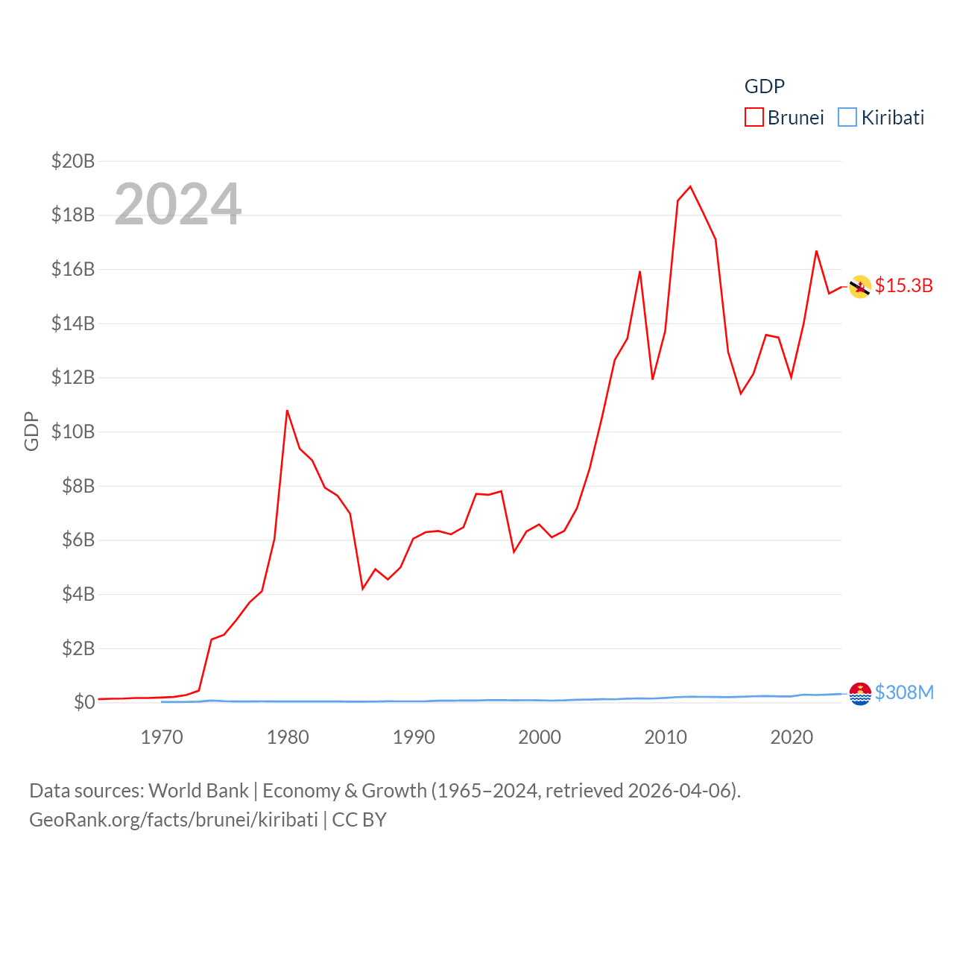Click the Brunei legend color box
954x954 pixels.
pyautogui.click(x=754, y=118)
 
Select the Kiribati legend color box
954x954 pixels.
pyautogui.click(x=847, y=118)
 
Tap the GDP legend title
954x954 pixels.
pyautogui.click(x=764, y=86)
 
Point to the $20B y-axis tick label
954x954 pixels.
pyautogui.click(x=73, y=161)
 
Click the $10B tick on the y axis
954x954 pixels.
pyautogui.click(x=73, y=432)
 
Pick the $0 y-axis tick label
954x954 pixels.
pyautogui.click(x=84, y=702)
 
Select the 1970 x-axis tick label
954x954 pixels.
pyautogui.click(x=162, y=737)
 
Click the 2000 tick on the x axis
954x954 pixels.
pyautogui.click(x=540, y=737)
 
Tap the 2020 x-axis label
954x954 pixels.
pyautogui.click(x=792, y=737)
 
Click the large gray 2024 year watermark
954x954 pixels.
pyautogui.click(x=177, y=204)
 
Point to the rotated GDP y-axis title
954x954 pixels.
pyautogui.click(x=31, y=431)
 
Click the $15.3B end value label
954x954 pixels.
pyautogui.click(x=903, y=285)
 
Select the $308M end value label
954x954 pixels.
pyautogui.click(x=904, y=692)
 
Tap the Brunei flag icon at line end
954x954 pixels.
pyautogui.click(x=860, y=286)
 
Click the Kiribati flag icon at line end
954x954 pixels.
pyautogui.click(x=860, y=693)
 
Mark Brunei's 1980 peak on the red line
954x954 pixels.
pyautogui.click(x=287, y=411)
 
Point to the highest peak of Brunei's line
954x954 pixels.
pyautogui.click(x=690, y=186)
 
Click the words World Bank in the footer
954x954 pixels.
pyautogui.click(x=198, y=790)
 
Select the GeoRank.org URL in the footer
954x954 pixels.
pyautogui.click(x=174, y=820)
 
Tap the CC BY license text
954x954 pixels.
pyautogui.click(x=359, y=820)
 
